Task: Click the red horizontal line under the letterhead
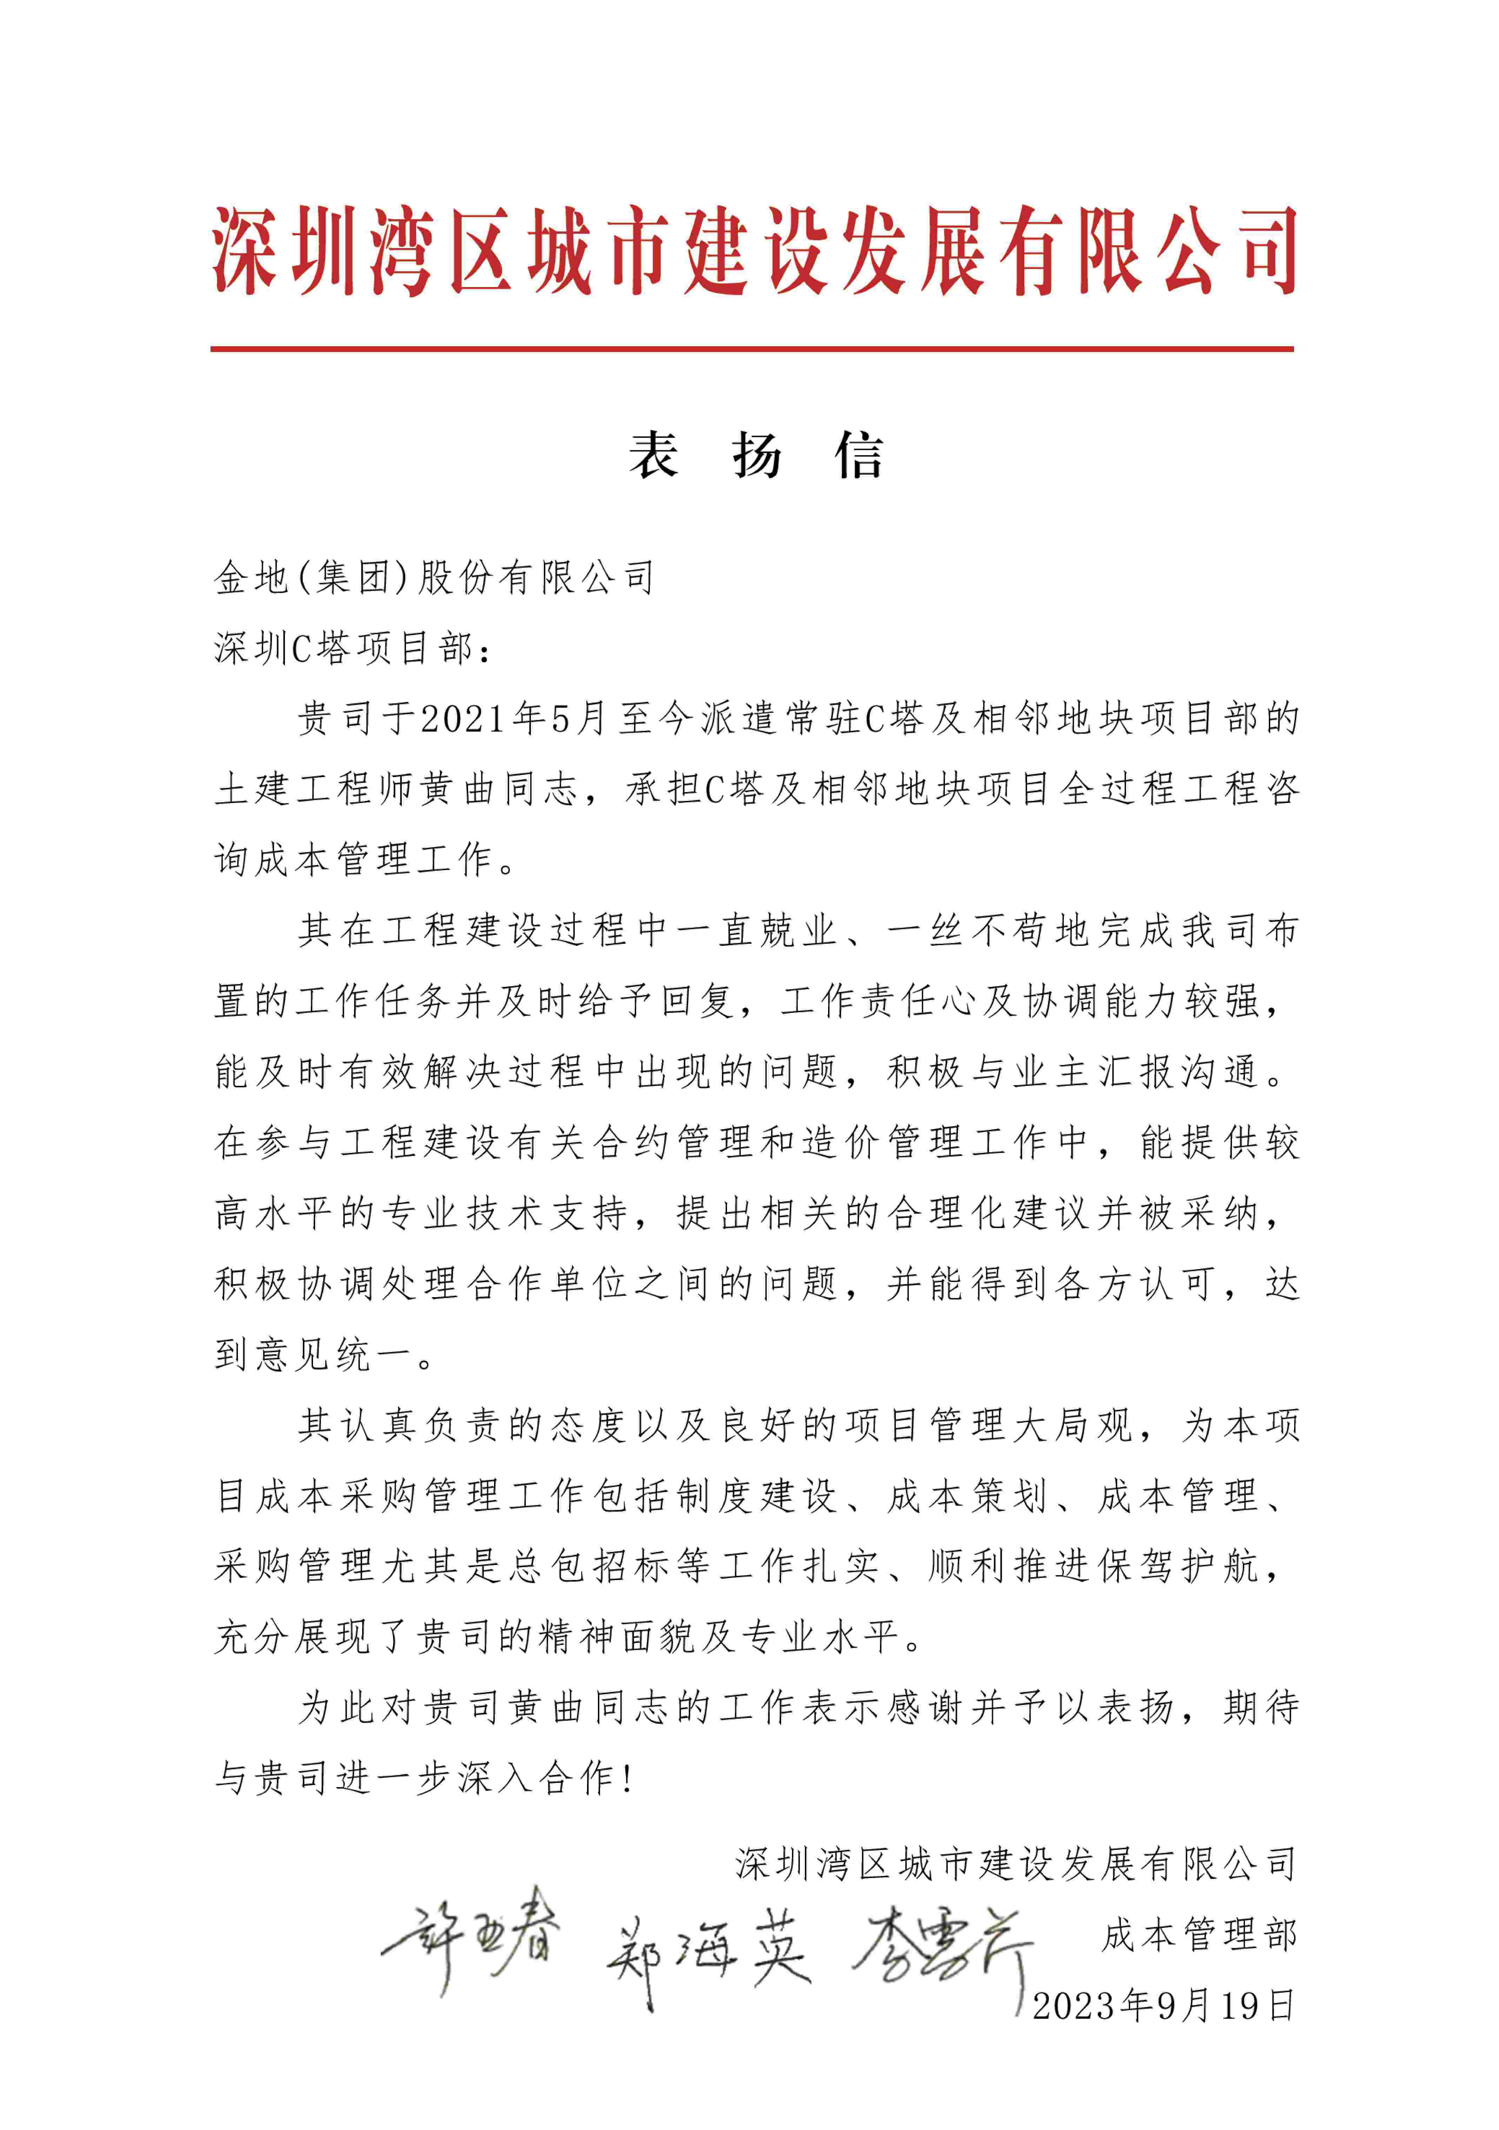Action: pos(751,349)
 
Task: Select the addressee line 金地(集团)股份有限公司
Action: pos(434,578)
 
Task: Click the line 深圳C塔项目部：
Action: pos(353,649)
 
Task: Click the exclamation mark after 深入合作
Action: pos(630,1778)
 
